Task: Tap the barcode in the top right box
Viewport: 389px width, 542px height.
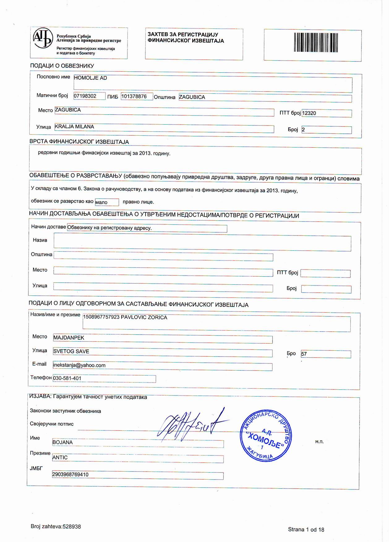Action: (316, 42)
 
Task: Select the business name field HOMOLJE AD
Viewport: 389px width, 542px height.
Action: (90, 78)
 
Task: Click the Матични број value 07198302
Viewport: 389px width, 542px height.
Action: (85, 96)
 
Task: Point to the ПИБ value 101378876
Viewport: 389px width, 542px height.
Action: (134, 96)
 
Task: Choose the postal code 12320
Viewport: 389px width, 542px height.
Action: (309, 113)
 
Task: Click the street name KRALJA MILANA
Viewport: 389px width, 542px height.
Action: (75, 127)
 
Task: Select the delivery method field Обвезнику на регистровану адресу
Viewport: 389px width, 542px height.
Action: (109, 228)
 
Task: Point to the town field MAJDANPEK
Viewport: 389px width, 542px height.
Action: (69, 338)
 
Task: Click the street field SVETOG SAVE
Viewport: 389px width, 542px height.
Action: (71, 351)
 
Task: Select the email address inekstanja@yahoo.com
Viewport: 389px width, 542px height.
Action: (79, 365)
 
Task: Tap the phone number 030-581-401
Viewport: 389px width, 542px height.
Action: (67, 378)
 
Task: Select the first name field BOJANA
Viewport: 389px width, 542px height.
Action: (63, 442)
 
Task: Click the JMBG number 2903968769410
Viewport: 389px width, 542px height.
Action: (71, 475)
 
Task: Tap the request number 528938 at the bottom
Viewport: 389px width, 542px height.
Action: (72, 527)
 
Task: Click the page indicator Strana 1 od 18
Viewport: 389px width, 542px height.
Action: (306, 530)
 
